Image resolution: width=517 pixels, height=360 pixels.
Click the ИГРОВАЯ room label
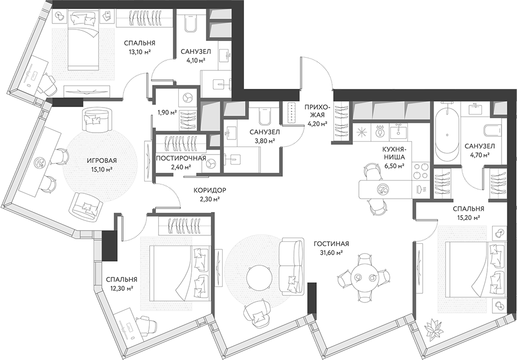click(102, 161)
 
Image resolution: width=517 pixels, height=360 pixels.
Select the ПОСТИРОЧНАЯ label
click(181, 158)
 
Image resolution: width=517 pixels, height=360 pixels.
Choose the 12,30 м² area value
click(121, 288)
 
